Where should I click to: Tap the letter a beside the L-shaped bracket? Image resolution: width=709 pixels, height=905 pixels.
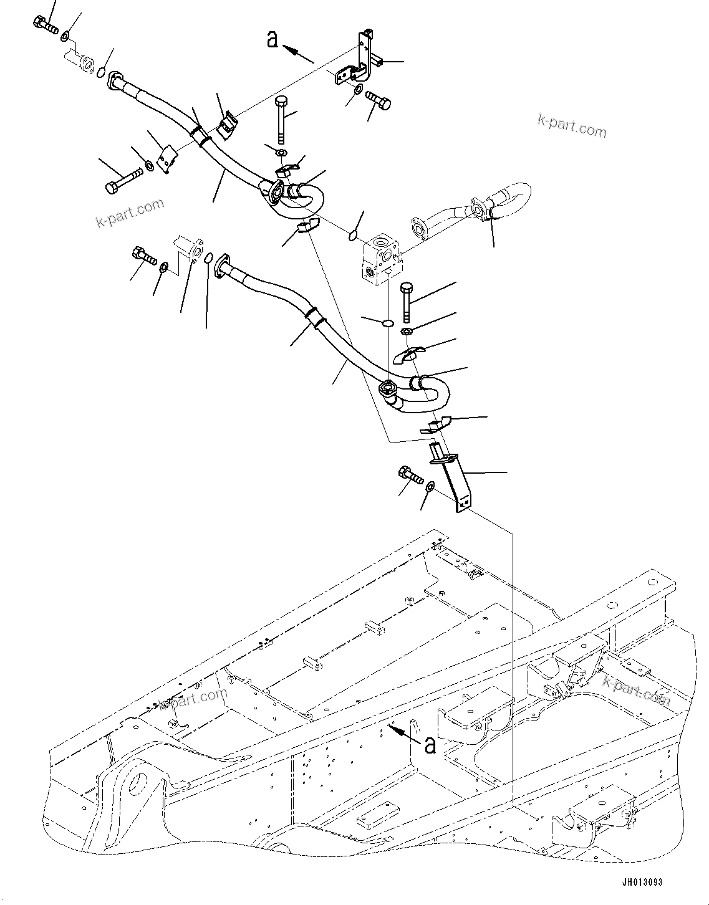[x=272, y=39]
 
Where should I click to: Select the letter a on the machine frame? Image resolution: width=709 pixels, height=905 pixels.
[x=429, y=744]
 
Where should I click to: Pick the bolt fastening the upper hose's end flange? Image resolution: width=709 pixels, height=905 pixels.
[x=44, y=24]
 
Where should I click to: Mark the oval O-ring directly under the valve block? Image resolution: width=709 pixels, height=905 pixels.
[x=387, y=323]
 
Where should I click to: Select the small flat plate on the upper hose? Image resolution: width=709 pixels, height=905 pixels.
[x=165, y=160]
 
